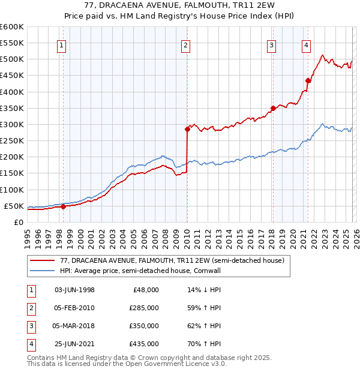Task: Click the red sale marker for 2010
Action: click(x=187, y=129)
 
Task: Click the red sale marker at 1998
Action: click(x=63, y=206)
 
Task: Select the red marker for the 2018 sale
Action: click(x=272, y=108)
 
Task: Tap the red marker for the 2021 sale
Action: click(x=308, y=80)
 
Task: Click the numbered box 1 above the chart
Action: click(x=62, y=45)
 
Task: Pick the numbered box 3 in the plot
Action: click(x=272, y=45)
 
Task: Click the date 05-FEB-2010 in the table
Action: click(x=74, y=308)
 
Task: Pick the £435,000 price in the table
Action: click(x=144, y=344)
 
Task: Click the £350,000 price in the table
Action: click(x=144, y=326)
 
